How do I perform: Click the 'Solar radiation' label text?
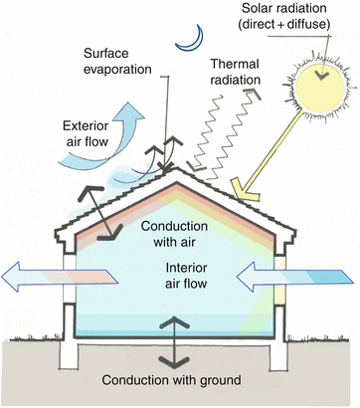coord(295,11)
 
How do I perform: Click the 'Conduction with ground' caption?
coord(180,379)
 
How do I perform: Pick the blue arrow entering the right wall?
coord(298,274)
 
